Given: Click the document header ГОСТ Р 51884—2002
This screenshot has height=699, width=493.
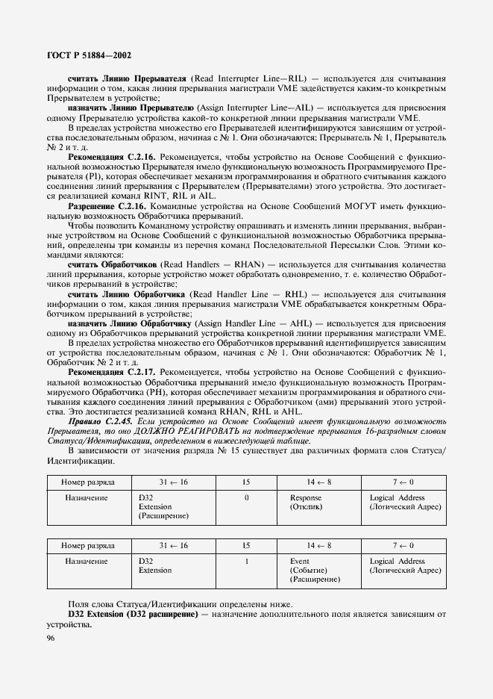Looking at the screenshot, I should [89, 55].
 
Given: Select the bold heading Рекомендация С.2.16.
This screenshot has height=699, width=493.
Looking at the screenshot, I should [111, 158].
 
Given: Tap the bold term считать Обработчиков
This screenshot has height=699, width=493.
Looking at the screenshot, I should [112, 264].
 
